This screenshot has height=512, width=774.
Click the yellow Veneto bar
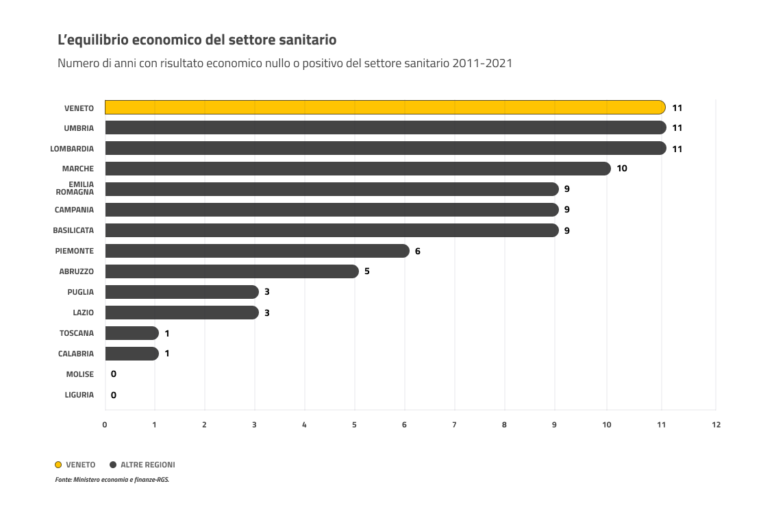click(x=384, y=108)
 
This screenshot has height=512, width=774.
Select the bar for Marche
click(x=356, y=169)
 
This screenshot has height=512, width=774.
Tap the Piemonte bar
click(x=257, y=251)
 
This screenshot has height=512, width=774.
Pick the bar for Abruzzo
click(x=232, y=271)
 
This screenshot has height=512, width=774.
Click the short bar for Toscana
click(x=132, y=333)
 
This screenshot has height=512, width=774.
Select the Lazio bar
click(x=182, y=313)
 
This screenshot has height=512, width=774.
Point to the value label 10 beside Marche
click(x=622, y=169)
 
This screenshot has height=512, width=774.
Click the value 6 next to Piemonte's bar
click(x=418, y=251)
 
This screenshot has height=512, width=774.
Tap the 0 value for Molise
click(x=113, y=374)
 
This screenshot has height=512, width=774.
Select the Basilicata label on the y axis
click(x=73, y=230)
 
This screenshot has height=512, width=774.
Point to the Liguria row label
click(x=79, y=395)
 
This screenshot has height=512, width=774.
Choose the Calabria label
click(x=76, y=354)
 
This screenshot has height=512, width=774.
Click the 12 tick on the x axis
click(x=716, y=424)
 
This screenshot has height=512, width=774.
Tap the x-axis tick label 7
click(x=454, y=424)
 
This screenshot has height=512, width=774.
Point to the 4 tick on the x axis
click(x=304, y=424)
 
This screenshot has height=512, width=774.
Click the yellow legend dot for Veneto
click(x=58, y=465)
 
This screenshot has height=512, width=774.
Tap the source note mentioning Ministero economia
click(x=112, y=480)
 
